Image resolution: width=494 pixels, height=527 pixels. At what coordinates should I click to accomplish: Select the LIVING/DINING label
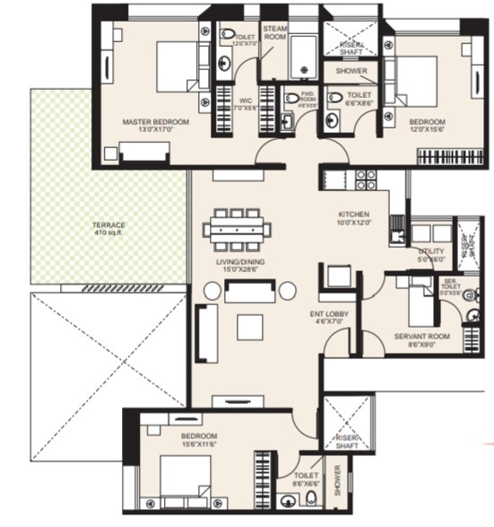pyautogui.click(x=236, y=263)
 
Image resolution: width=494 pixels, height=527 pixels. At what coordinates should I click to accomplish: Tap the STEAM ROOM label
pyautogui.click(x=274, y=33)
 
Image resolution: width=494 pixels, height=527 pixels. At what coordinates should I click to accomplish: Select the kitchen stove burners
pyautogui.click(x=365, y=179)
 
